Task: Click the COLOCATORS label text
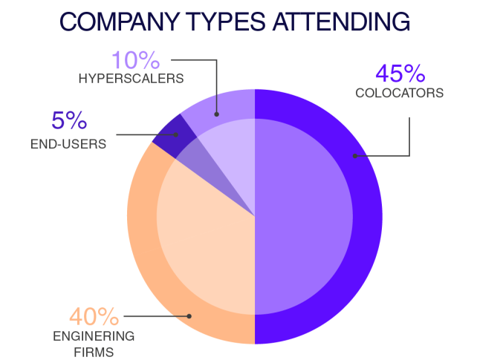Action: pyautogui.click(x=399, y=94)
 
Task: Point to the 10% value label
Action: pyautogui.click(x=137, y=60)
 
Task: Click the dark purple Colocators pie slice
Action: pyautogui.click(x=319, y=223)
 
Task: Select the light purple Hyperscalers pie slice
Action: pyautogui.click(x=223, y=126)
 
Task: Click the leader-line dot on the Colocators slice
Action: pyautogui.click(x=355, y=156)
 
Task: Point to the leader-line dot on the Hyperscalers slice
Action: pyautogui.click(x=216, y=114)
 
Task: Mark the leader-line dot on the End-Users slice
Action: pyautogui.click(x=177, y=134)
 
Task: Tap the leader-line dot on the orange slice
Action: pyautogui.click(x=189, y=315)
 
